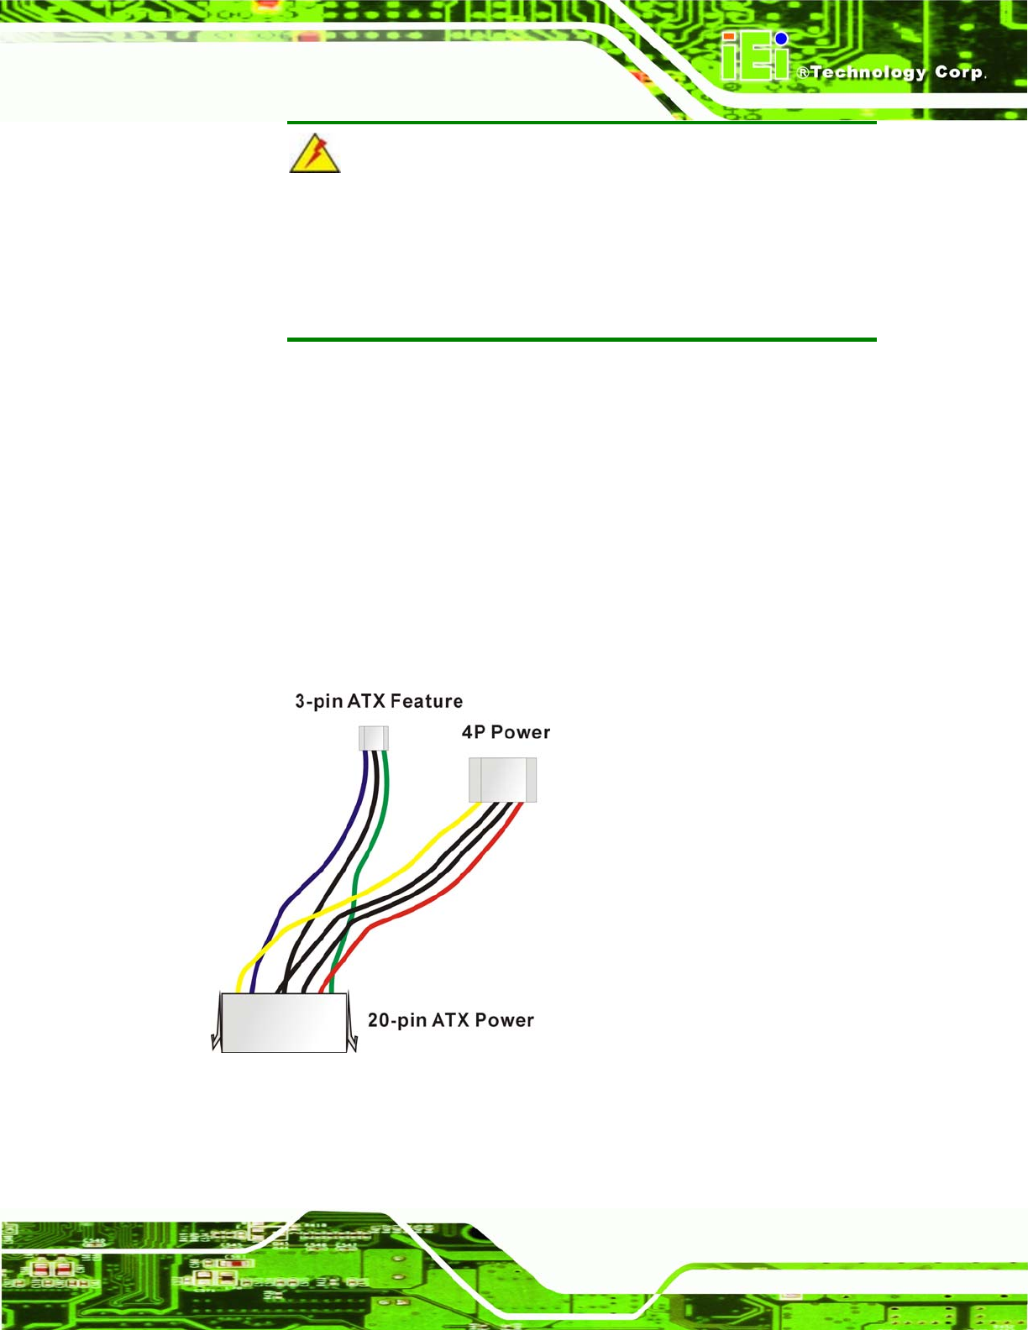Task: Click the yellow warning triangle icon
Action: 314,154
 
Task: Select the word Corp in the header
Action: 958,72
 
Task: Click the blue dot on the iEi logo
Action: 781,39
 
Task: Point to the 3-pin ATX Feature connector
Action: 374,738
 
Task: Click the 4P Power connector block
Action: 502,780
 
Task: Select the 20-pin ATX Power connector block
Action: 284,1022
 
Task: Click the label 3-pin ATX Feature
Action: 379,701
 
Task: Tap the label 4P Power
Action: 506,732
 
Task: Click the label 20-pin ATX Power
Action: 451,1020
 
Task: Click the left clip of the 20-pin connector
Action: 217,1023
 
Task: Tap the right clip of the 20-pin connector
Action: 351,1023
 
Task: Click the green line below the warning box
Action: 581,339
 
